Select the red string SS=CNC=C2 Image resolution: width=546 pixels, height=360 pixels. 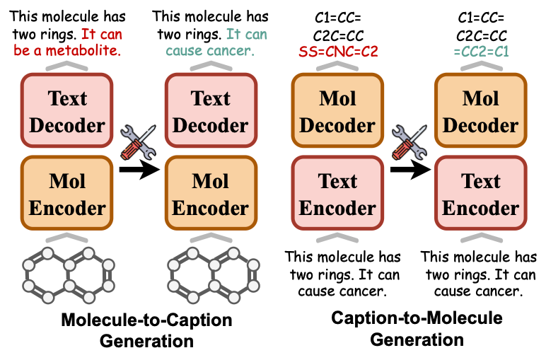click(337, 50)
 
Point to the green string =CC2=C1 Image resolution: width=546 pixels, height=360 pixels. click(481, 50)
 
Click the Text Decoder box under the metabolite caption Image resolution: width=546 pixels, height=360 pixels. click(68, 112)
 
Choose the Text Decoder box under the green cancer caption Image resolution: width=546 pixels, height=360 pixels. click(210, 112)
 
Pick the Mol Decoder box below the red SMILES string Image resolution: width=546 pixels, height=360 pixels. click(337, 112)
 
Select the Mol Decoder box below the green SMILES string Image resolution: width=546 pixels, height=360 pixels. click(481, 112)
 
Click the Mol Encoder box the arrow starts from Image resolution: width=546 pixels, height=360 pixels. click(68, 194)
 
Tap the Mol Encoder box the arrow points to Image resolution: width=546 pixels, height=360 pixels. click(210, 194)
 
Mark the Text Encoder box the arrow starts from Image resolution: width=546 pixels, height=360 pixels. click(337, 194)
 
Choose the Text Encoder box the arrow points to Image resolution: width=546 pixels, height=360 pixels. click(481, 194)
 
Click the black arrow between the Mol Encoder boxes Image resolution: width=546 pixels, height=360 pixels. click(139, 168)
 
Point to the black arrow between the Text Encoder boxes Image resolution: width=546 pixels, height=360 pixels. click(409, 169)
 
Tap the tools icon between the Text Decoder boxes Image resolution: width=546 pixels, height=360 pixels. click(136, 141)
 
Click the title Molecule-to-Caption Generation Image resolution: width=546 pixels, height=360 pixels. click(146, 330)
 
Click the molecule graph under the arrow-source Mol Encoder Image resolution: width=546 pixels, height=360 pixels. click(68, 272)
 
